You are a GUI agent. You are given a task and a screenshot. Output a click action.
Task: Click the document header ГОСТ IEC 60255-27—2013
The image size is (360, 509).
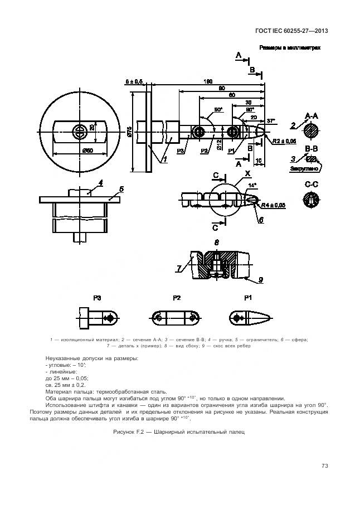(298, 31)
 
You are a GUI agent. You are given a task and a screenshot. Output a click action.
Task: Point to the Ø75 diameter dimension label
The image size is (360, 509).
(129, 132)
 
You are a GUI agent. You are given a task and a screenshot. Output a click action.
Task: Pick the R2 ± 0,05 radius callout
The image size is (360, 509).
(286, 140)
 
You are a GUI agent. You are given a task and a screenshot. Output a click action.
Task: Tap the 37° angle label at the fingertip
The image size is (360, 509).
(271, 120)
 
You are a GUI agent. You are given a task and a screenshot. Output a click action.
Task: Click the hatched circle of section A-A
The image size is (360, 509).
(312, 132)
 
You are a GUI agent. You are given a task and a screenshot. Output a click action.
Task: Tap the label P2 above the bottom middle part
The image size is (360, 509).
(177, 298)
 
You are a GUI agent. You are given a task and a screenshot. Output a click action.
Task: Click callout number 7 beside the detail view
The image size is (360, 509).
(178, 268)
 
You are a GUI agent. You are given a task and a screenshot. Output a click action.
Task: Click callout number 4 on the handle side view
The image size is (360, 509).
(100, 182)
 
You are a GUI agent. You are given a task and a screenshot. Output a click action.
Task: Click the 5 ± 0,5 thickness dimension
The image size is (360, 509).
(134, 81)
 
